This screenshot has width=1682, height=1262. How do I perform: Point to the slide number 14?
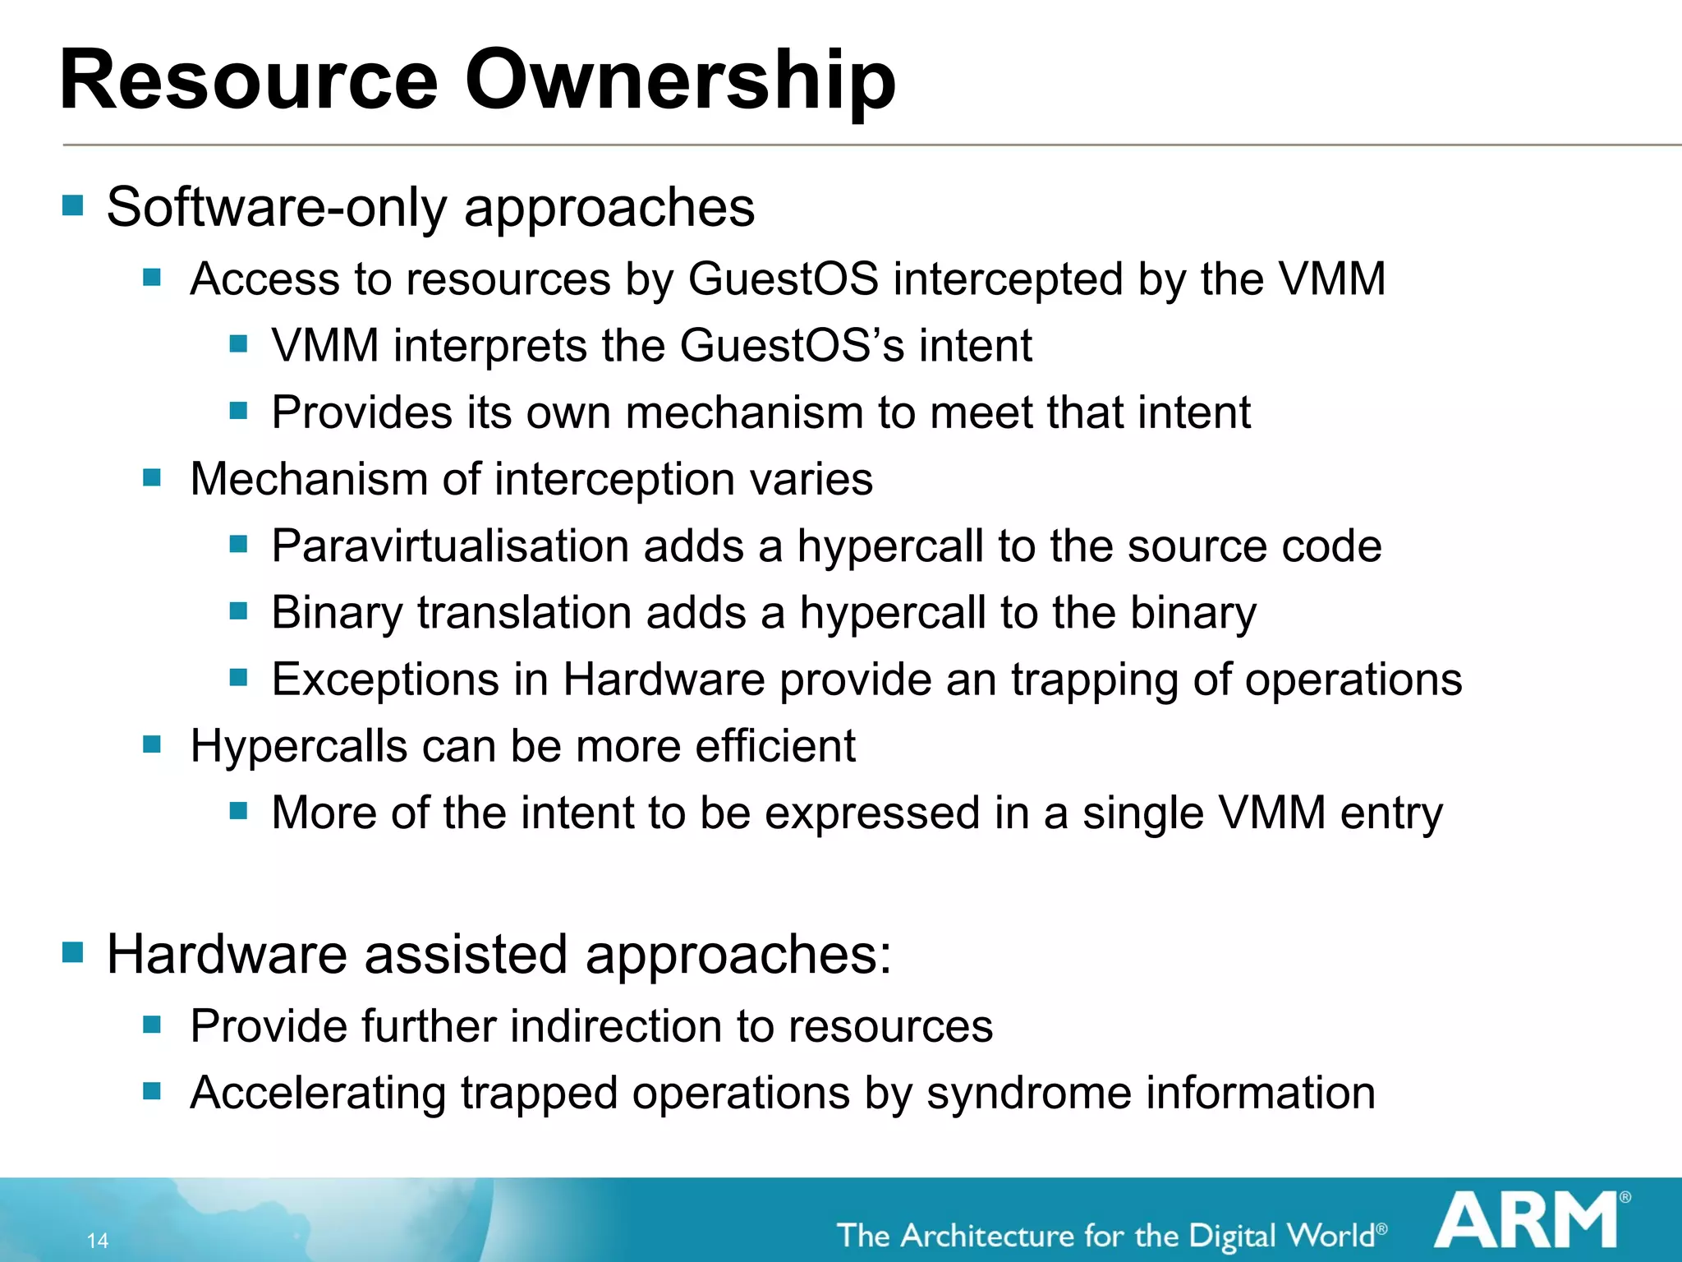tap(98, 1241)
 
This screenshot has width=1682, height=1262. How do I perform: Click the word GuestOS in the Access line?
tap(783, 279)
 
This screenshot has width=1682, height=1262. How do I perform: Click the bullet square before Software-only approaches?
tap(73, 205)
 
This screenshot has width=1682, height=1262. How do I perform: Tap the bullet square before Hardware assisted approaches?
tap(73, 952)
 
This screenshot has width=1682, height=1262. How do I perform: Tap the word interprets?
tap(489, 346)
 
